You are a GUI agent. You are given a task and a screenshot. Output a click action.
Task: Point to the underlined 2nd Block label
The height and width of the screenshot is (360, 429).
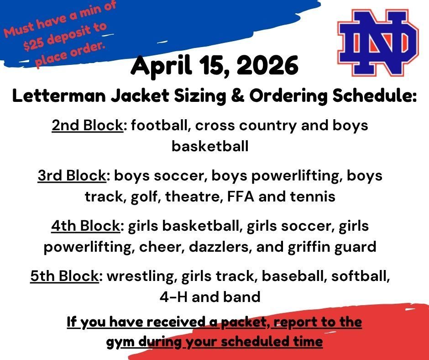click(87, 125)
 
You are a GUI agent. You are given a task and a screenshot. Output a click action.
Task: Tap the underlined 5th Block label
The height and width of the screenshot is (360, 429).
click(64, 276)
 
